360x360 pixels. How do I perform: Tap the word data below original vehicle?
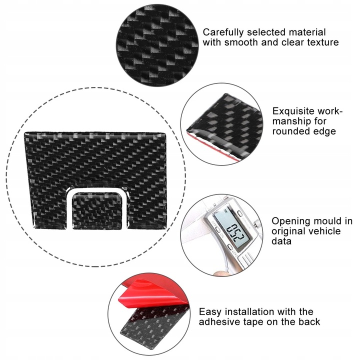[x=282, y=241]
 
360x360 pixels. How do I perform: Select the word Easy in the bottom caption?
[x=209, y=311]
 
